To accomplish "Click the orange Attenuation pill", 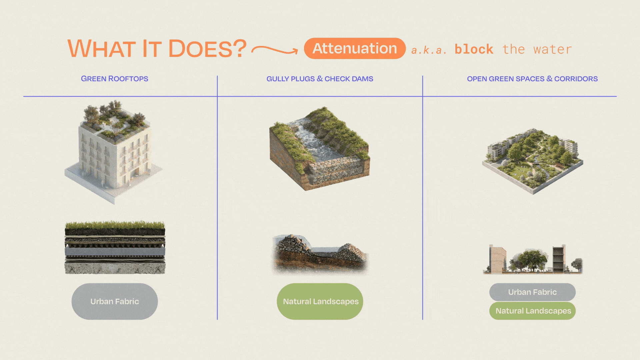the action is point(355,48).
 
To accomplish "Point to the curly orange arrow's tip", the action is point(298,51).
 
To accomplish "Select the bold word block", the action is point(474,49).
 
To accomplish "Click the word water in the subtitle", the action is point(552,50).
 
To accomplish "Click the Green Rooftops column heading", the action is point(115,79).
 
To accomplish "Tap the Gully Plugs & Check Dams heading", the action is point(320,79).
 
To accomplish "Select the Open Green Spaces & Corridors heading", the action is point(532,79).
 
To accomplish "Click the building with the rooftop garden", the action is point(113,152).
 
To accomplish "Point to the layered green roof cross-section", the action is point(115,247).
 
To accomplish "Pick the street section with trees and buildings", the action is point(533,259).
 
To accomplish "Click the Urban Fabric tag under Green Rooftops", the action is point(115,301).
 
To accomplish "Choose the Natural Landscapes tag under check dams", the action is point(320,301).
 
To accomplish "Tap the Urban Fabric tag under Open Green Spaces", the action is point(532,292).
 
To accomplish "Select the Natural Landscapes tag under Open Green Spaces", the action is point(532,311).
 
